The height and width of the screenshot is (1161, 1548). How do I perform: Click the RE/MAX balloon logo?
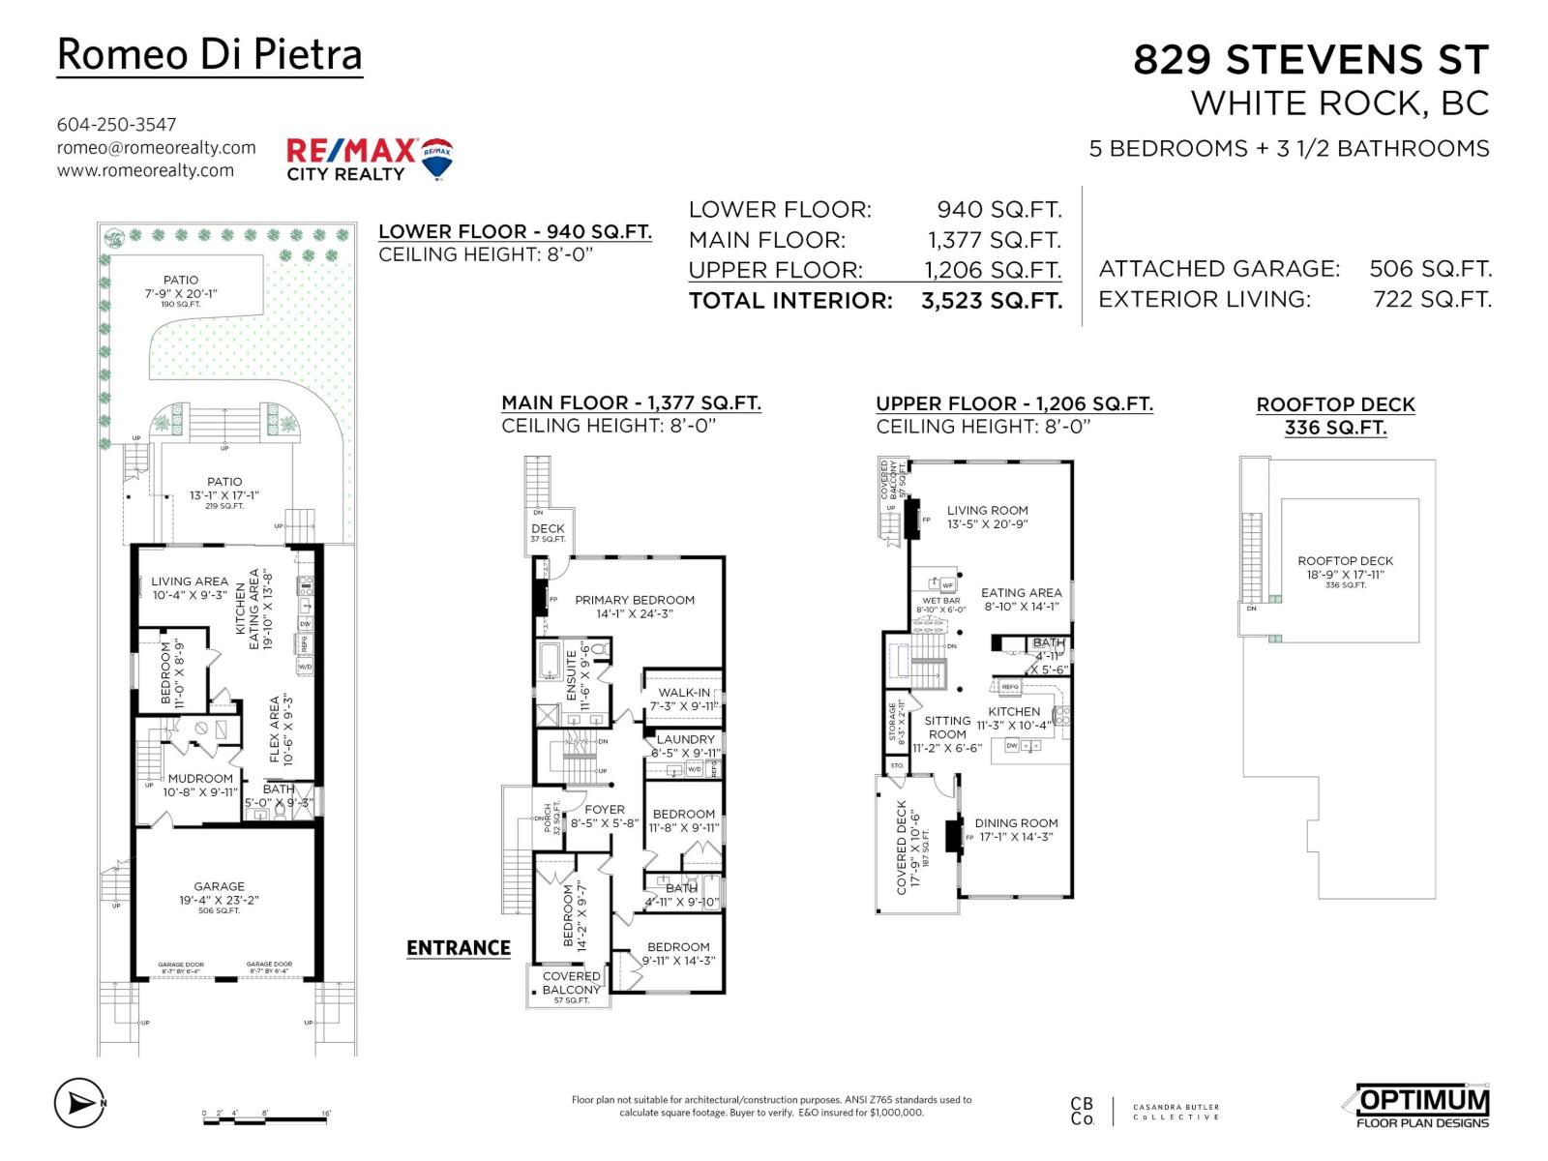pos(436,158)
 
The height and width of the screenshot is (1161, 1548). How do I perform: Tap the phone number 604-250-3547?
pos(116,124)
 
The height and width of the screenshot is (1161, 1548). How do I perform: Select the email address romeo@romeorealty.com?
pos(156,147)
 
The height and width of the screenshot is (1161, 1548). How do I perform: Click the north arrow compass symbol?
pos(78,1102)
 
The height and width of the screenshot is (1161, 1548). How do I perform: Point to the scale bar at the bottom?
pos(266,1118)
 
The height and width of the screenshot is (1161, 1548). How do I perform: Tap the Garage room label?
pos(219,886)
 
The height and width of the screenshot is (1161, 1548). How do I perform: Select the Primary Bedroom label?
pos(635,600)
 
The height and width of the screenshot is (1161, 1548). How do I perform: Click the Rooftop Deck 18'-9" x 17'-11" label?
pos(1345,568)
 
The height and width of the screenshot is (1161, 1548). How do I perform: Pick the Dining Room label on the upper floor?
pos(1016,823)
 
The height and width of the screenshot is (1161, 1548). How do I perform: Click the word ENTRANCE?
pos(458,948)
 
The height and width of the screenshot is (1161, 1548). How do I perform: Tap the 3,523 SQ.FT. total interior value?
pos(992,301)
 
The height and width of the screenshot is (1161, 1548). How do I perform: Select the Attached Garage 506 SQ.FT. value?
pos(1430,269)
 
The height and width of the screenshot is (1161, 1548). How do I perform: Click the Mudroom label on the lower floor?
pos(200,779)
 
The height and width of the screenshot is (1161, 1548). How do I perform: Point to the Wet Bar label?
pos(940,601)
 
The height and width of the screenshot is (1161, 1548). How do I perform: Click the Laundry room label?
pos(685,739)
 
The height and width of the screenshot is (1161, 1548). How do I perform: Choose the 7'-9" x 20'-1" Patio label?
pos(181,286)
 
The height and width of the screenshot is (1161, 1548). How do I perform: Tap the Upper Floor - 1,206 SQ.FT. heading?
pos(1014,404)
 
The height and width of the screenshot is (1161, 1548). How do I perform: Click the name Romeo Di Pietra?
pos(209,54)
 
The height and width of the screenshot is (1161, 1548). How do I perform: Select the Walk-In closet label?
pos(683,693)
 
